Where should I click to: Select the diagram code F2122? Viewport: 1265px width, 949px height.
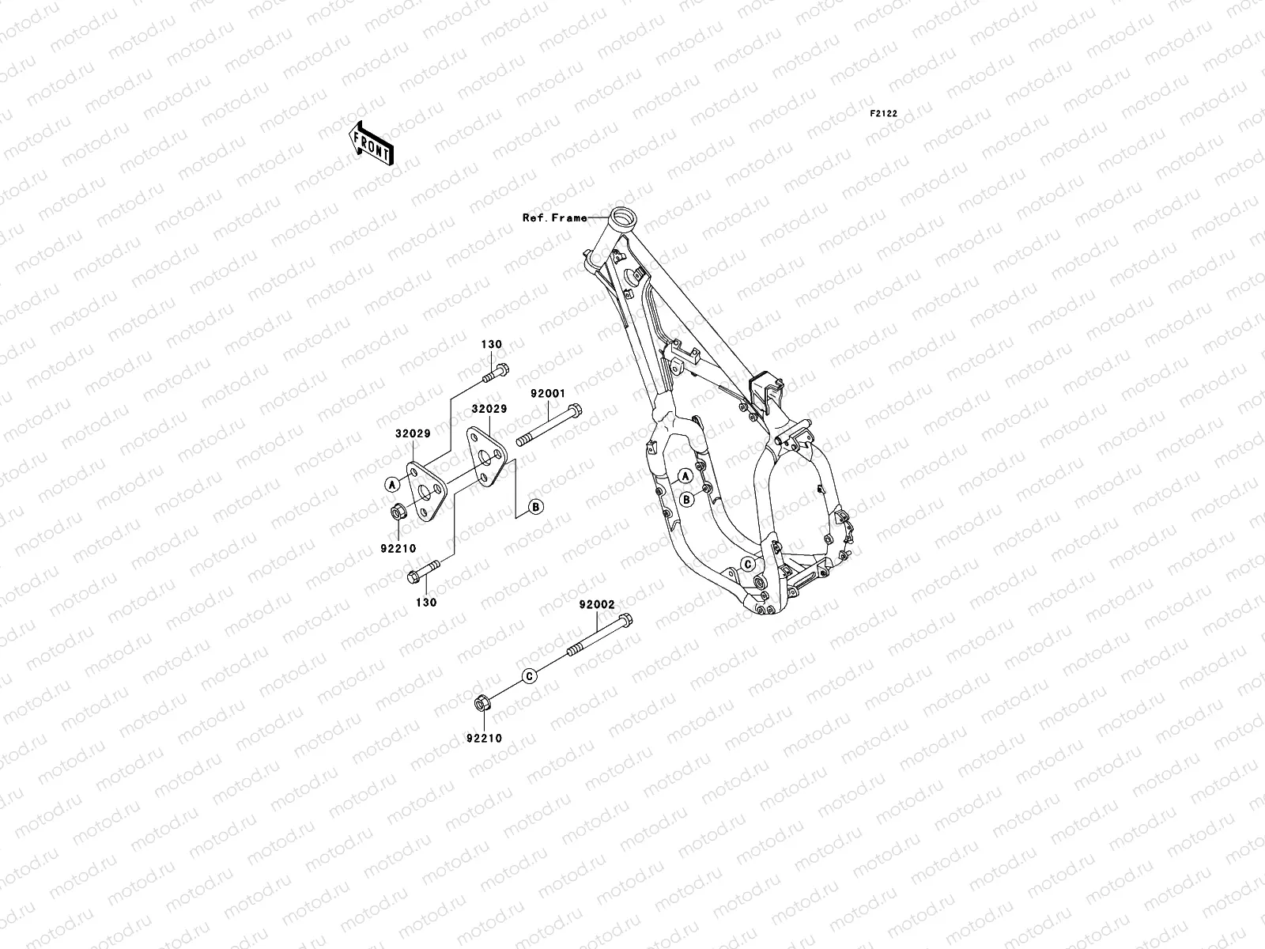(x=884, y=114)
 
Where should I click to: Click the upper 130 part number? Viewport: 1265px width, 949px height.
(x=493, y=345)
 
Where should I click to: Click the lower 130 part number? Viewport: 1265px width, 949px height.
(x=426, y=602)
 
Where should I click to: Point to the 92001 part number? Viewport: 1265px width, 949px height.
(x=549, y=393)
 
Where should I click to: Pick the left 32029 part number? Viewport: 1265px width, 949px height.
(x=413, y=434)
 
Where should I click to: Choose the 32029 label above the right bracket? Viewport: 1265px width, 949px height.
(x=489, y=410)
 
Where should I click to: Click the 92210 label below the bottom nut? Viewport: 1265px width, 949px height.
(x=484, y=738)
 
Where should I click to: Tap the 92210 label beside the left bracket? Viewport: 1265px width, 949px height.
(x=401, y=547)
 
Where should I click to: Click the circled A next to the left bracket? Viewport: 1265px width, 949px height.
(x=391, y=483)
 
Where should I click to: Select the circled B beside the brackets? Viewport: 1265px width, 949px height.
(x=535, y=507)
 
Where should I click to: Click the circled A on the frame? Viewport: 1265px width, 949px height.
(x=685, y=475)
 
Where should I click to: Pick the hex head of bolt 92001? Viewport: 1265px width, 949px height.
(x=575, y=410)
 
